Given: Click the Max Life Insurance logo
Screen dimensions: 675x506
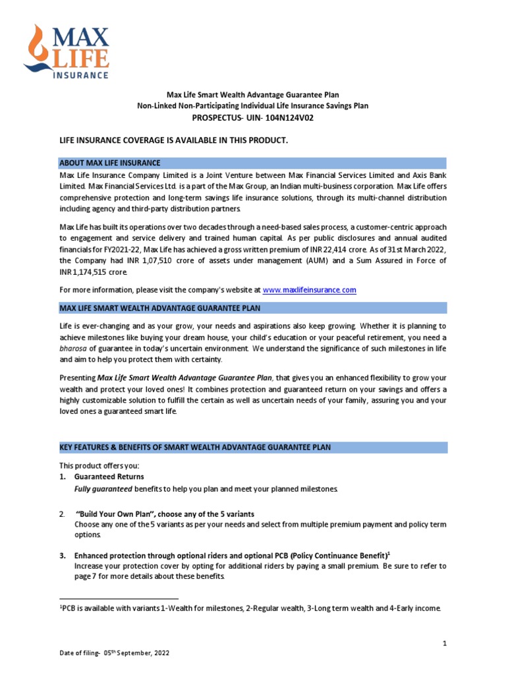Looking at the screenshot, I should click(67, 51).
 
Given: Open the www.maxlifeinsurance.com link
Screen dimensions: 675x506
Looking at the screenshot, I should click(309, 289).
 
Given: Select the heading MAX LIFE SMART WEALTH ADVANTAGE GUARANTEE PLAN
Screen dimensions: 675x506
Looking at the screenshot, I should click(160, 308).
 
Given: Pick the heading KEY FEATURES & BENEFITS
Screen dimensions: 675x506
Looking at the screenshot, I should click(195, 448).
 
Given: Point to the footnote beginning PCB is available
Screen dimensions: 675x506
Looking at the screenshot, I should click(250, 608).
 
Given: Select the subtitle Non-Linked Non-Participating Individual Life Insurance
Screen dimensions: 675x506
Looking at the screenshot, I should click(252, 105).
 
